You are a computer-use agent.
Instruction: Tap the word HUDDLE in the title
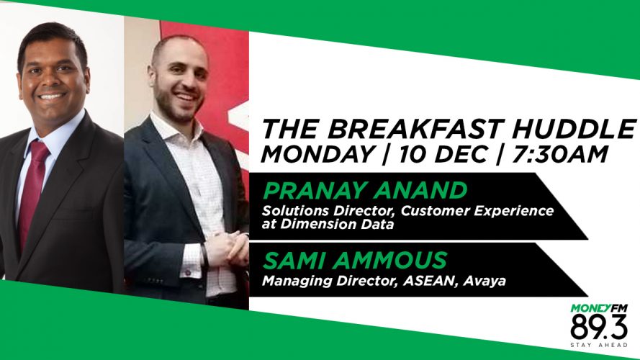click(574, 129)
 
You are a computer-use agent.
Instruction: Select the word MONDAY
click(318, 154)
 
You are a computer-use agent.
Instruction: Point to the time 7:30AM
click(559, 154)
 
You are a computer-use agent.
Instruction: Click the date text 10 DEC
click(443, 154)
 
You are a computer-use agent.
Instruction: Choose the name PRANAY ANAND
click(365, 190)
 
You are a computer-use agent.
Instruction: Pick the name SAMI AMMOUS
click(355, 261)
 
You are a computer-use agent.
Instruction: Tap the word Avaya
click(484, 282)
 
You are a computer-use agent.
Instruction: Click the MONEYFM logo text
click(599, 308)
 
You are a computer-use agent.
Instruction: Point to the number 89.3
click(599, 327)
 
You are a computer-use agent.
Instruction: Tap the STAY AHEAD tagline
click(599, 346)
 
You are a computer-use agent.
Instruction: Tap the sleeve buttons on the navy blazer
click(156, 281)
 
